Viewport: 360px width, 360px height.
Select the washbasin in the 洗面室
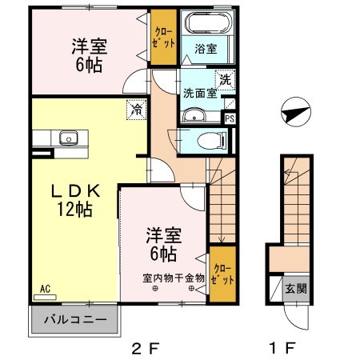click(x=191, y=117)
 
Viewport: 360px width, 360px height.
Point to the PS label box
click(x=230, y=118)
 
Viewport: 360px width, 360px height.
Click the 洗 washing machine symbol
click(x=226, y=80)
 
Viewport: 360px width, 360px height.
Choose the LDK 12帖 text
click(x=77, y=201)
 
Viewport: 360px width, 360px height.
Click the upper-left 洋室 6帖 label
click(x=86, y=56)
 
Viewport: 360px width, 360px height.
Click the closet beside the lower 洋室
click(x=224, y=277)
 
